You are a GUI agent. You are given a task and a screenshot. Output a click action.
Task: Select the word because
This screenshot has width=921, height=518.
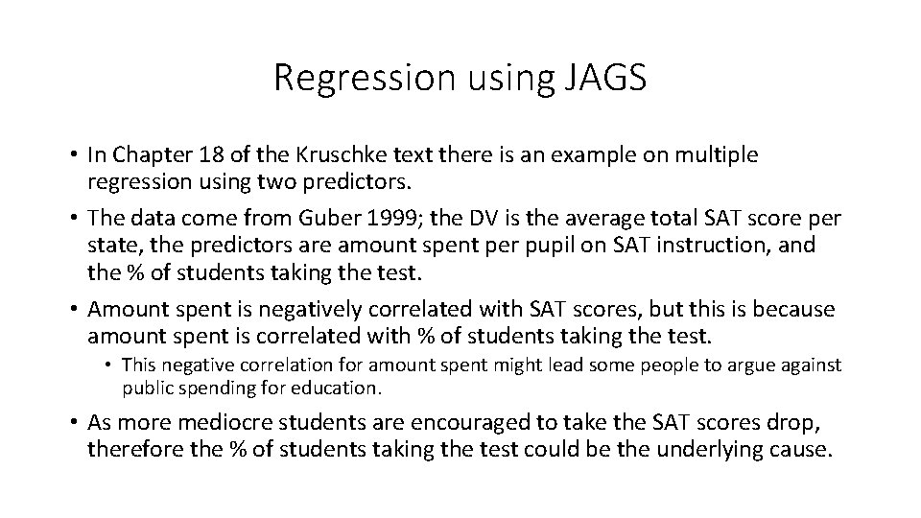798,311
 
